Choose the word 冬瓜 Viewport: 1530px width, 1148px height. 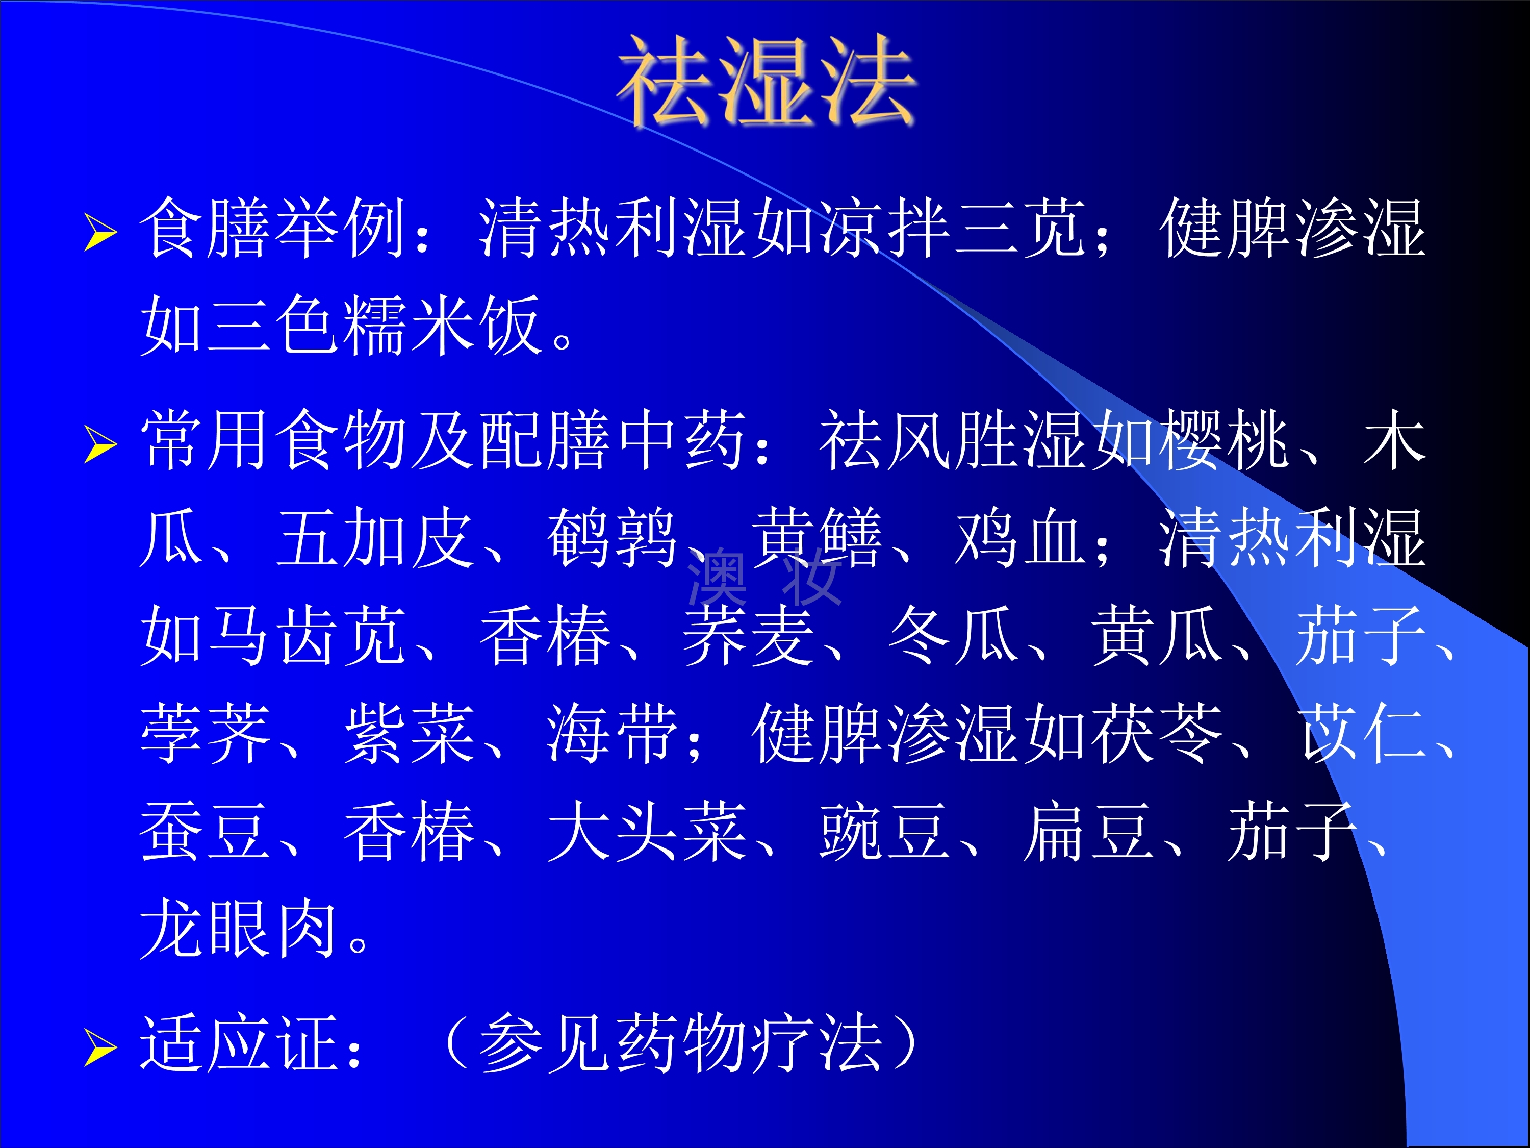953,635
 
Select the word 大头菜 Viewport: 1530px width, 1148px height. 647,831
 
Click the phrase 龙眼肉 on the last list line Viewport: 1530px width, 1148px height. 239,929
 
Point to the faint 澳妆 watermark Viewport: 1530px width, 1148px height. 764,576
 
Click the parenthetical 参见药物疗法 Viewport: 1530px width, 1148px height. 681,1043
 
